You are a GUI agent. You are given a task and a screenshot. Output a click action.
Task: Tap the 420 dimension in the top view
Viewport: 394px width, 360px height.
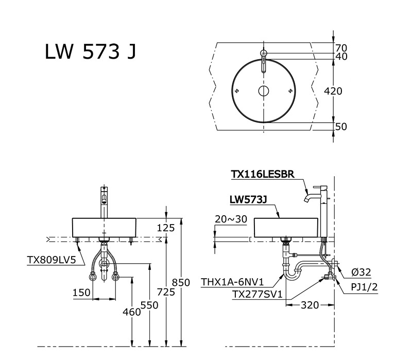coord(333,91)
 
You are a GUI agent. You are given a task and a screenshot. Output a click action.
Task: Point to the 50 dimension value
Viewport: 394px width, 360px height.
coord(341,126)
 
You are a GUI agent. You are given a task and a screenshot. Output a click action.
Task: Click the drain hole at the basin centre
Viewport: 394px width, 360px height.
coord(263,91)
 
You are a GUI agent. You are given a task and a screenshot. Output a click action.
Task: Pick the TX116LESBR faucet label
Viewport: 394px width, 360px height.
coord(262,175)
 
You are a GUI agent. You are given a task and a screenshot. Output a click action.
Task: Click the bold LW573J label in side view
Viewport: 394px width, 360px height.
coord(248,199)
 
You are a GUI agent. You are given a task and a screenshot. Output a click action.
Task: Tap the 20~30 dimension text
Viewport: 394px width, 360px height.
coord(230,219)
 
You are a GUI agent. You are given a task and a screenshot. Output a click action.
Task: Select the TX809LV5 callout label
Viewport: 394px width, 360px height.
coord(52,260)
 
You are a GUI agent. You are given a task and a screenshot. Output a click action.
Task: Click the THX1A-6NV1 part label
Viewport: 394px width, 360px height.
coord(232,282)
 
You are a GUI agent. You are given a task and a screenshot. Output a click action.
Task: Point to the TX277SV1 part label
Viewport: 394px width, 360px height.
coord(255,295)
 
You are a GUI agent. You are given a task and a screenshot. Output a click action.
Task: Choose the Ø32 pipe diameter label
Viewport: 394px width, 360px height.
coord(362,272)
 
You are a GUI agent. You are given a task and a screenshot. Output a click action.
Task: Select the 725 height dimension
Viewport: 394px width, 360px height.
coord(166,292)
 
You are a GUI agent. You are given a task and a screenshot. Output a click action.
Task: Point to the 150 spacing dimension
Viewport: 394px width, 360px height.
coord(81,293)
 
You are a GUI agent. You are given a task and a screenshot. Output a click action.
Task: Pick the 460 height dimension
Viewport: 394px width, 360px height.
coord(131,311)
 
